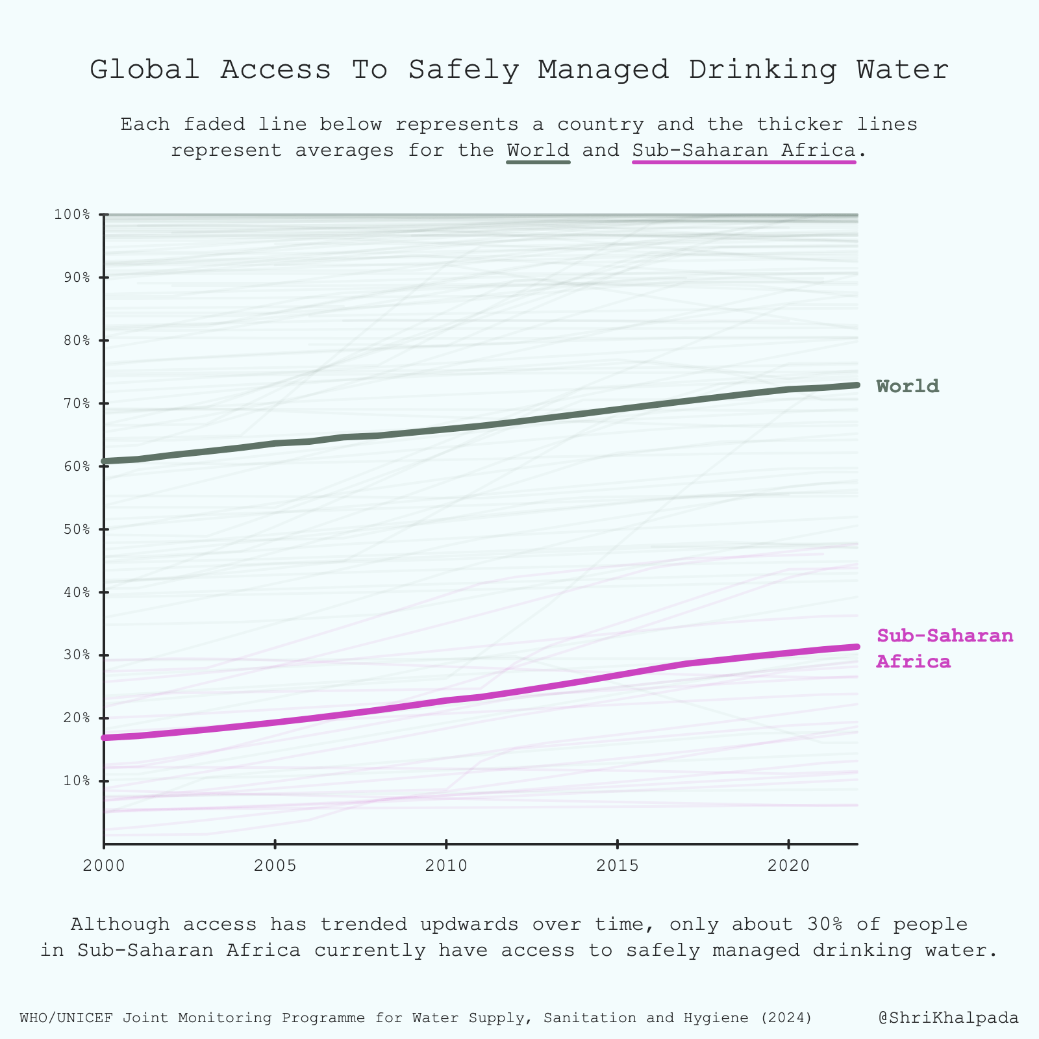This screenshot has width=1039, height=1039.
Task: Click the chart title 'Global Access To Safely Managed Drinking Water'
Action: (519, 69)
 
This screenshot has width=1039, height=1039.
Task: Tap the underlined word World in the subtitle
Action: (538, 150)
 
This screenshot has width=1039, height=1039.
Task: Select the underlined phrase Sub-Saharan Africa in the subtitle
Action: (744, 150)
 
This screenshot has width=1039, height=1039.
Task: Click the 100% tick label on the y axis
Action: (76, 214)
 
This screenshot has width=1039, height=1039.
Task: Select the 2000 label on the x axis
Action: (104, 866)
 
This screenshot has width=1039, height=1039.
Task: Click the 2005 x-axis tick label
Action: (275, 866)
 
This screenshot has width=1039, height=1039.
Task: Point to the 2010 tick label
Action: (446, 866)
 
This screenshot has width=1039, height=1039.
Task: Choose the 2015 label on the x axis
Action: (617, 866)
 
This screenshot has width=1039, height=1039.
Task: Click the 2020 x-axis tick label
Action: (788, 866)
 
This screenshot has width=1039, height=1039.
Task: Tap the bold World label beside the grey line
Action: (907, 386)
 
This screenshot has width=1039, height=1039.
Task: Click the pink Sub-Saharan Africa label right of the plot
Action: (945, 648)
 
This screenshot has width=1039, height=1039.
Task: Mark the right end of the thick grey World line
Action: (857, 385)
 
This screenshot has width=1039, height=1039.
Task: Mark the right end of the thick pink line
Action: (857, 647)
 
